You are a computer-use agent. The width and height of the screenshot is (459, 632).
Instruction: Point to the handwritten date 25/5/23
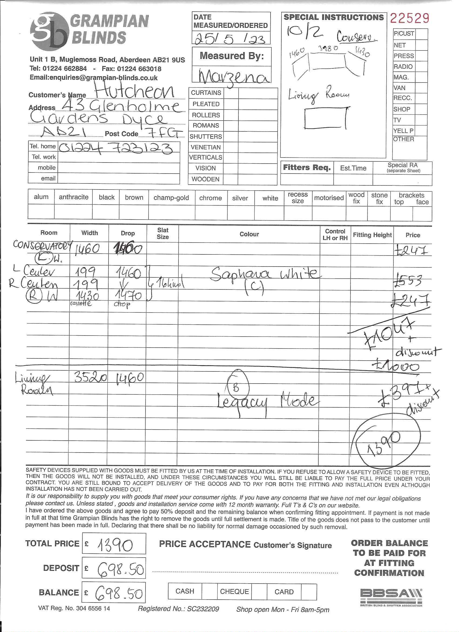(x=230, y=38)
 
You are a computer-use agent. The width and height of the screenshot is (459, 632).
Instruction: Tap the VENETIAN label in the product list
(x=206, y=147)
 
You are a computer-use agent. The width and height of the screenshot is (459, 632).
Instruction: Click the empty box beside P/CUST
(x=421, y=34)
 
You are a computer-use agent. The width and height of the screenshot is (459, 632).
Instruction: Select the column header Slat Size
(x=163, y=234)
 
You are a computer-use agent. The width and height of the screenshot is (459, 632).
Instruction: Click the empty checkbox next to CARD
(x=309, y=592)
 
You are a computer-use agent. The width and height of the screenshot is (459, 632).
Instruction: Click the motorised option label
(x=329, y=198)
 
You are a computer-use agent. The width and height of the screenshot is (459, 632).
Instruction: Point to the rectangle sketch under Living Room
(x=325, y=118)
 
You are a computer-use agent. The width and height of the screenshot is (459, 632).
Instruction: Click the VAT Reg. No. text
(x=74, y=608)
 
